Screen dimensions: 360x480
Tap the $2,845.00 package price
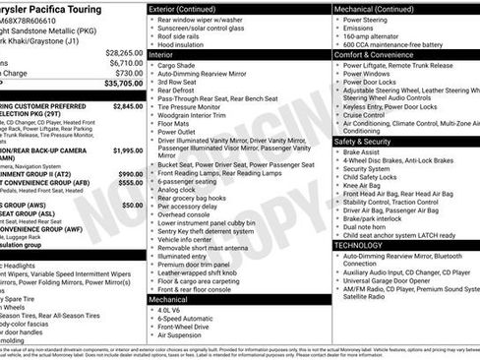point(129,105)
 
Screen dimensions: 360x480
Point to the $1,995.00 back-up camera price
point(129,150)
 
